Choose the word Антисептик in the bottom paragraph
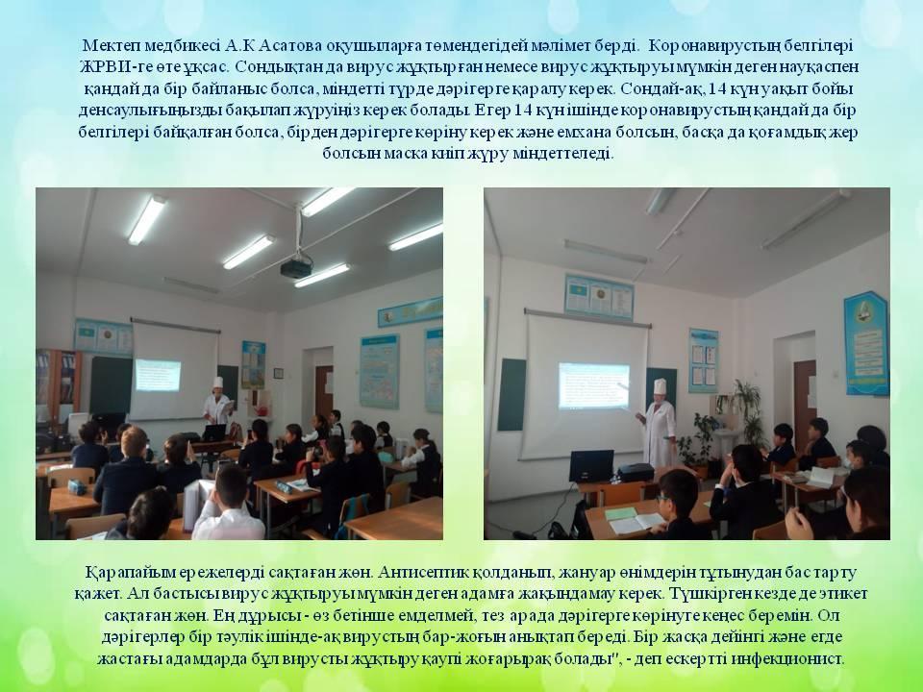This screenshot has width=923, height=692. pyautogui.click(x=424, y=572)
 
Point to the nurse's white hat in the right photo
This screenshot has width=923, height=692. pyautogui.click(x=660, y=386)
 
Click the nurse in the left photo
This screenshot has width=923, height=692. pyautogui.click(x=217, y=402)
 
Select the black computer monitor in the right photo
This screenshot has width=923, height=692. pyautogui.click(x=591, y=465)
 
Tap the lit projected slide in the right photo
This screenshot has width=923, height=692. pyautogui.click(x=593, y=385)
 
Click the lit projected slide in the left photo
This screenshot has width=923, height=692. pyautogui.click(x=158, y=375)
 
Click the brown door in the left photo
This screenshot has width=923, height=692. pyautogui.click(x=324, y=391)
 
